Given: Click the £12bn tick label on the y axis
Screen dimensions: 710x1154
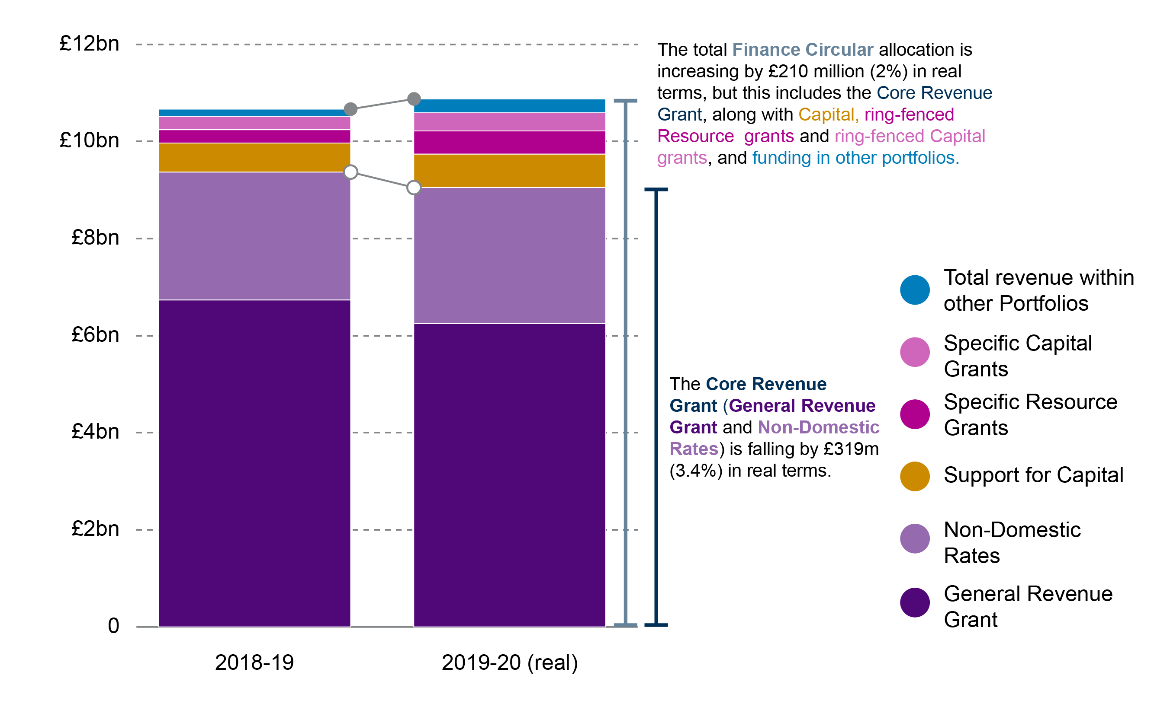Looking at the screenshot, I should (x=89, y=44).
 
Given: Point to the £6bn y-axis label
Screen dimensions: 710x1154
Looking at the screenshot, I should (x=96, y=335).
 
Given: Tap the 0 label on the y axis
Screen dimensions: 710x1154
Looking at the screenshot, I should (x=113, y=626).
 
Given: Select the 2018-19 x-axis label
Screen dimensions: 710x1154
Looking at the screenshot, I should (x=254, y=662).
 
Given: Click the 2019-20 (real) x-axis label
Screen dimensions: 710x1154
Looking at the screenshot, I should (x=510, y=662).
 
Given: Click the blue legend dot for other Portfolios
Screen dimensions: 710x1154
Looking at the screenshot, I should (x=914, y=290).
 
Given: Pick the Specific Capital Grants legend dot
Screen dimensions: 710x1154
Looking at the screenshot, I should (x=914, y=352).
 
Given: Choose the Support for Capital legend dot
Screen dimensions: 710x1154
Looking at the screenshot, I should (x=914, y=476).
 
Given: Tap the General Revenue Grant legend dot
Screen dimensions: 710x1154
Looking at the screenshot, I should (x=914, y=602).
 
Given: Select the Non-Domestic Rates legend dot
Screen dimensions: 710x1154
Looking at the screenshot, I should (x=914, y=538).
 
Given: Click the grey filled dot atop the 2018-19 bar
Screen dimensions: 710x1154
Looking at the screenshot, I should (x=350, y=109).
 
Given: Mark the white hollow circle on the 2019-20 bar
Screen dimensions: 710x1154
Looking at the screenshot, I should (x=414, y=188).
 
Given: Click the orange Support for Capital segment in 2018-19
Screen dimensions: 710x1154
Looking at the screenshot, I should (x=254, y=157).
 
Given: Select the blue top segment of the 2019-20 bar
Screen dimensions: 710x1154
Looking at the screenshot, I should (x=510, y=105).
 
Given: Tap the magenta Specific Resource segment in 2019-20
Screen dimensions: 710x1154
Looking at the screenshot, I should (x=510, y=142).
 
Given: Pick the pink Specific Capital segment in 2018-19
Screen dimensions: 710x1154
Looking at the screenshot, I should (x=254, y=123).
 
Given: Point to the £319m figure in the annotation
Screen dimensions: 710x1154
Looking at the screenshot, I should (x=851, y=449).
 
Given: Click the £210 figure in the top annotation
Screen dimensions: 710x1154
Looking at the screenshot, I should (x=788, y=71).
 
